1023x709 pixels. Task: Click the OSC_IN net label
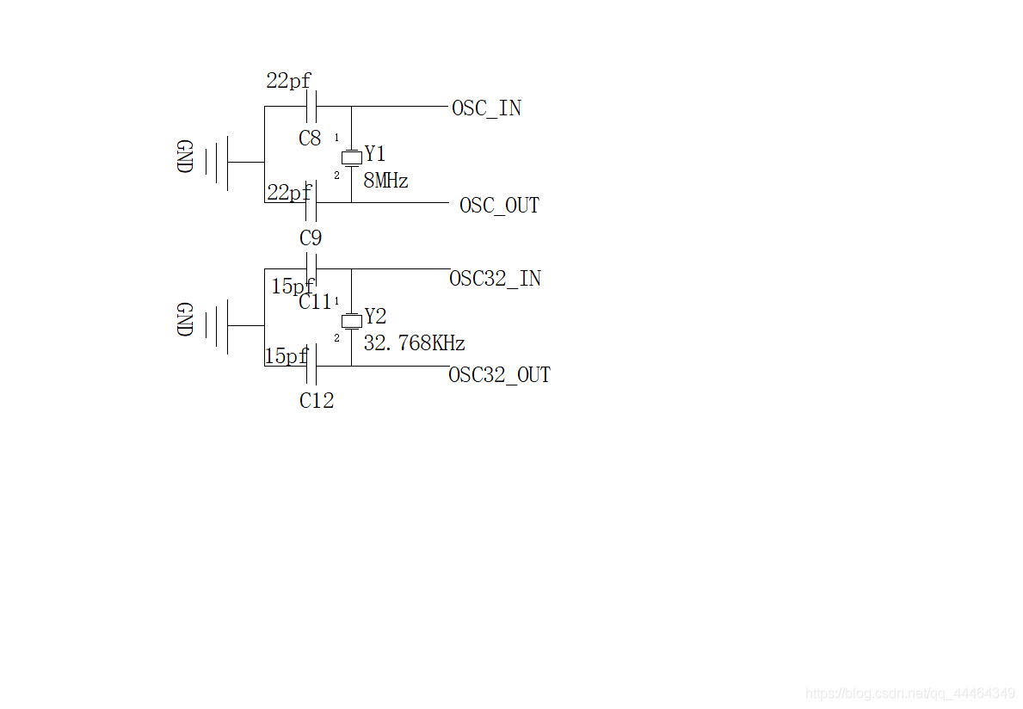coord(487,108)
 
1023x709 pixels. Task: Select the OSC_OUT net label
coord(499,206)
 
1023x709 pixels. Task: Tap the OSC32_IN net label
coord(496,279)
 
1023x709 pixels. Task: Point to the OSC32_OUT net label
coord(500,375)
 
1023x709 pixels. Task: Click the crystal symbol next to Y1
coord(352,157)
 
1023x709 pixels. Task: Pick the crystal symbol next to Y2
coord(352,320)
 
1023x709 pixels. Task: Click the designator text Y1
coord(375,154)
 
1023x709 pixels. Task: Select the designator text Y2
coord(376,317)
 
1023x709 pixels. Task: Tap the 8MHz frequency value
coord(385,180)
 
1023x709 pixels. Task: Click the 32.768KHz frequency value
coord(415,343)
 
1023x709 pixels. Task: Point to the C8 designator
coord(310,139)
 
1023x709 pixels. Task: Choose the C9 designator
coord(311,238)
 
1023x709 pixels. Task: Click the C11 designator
coord(316,301)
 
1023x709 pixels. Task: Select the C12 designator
coord(317,400)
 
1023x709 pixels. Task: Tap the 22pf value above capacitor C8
coord(289,81)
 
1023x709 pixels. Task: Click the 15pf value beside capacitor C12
coord(286,356)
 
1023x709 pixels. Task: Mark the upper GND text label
coord(185,156)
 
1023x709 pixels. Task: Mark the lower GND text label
coord(185,319)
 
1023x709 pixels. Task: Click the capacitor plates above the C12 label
coord(311,366)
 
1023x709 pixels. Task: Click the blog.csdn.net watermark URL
coord(910,693)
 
